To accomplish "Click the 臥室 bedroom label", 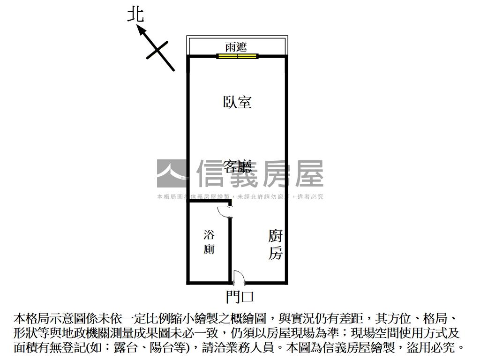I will click(237, 102).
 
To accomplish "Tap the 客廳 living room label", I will click(237, 166).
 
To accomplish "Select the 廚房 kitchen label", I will click(276, 244).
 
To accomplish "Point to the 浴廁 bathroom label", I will click(209, 242).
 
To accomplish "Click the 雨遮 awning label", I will click(236, 47).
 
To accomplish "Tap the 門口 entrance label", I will click(239, 296).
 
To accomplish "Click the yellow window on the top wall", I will click(237, 56).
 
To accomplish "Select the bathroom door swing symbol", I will click(224, 211).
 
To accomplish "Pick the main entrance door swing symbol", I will click(238, 277).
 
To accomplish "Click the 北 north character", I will click(135, 15).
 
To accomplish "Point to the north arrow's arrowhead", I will click(140, 29).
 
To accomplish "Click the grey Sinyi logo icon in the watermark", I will click(172, 173).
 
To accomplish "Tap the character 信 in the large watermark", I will click(212, 173).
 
